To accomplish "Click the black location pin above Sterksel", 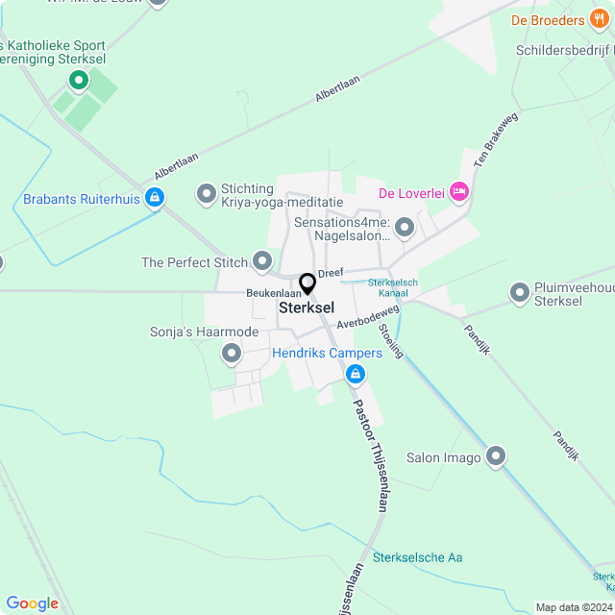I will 307,283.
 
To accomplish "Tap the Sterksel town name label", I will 307,308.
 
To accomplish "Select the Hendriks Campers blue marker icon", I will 356,373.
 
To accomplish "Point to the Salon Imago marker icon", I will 496,456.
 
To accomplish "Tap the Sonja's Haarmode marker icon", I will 231,355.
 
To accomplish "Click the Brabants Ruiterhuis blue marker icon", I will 154,199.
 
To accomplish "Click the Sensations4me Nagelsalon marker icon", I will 405,228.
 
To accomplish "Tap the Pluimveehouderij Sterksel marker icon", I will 520,292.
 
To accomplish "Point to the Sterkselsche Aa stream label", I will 418,557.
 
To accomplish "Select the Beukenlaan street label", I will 274,292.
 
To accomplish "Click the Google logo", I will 32,603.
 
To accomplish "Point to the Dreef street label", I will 331,273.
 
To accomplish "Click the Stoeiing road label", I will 391,341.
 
